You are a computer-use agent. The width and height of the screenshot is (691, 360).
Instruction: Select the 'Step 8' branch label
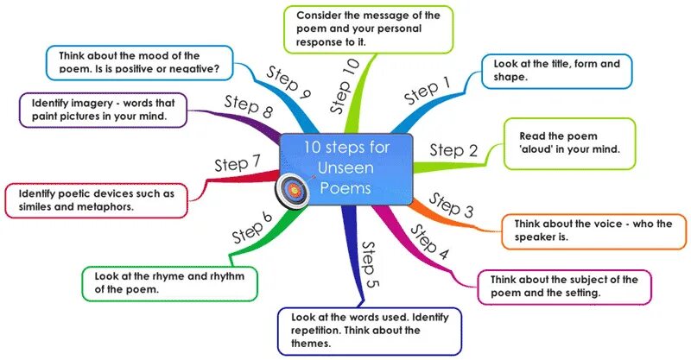(x=248, y=107)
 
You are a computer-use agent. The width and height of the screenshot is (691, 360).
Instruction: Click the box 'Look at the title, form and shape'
(x=557, y=71)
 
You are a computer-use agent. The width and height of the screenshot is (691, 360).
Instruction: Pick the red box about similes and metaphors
(x=95, y=200)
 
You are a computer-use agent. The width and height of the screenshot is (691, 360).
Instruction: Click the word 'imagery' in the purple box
(x=106, y=102)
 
